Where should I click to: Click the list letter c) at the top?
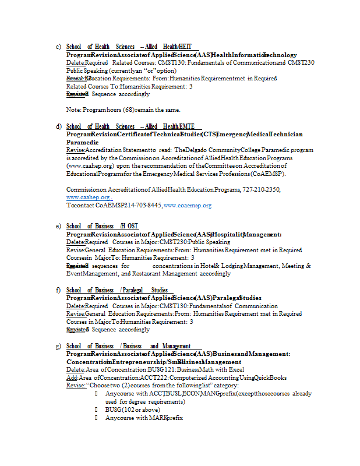point(58,47)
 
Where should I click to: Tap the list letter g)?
point(58,346)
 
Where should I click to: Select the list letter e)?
point(58,226)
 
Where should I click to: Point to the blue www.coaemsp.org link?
point(188,206)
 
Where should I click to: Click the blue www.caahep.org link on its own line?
point(89,198)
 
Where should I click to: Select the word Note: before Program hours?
point(73,110)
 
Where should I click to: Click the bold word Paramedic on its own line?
point(82,142)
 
